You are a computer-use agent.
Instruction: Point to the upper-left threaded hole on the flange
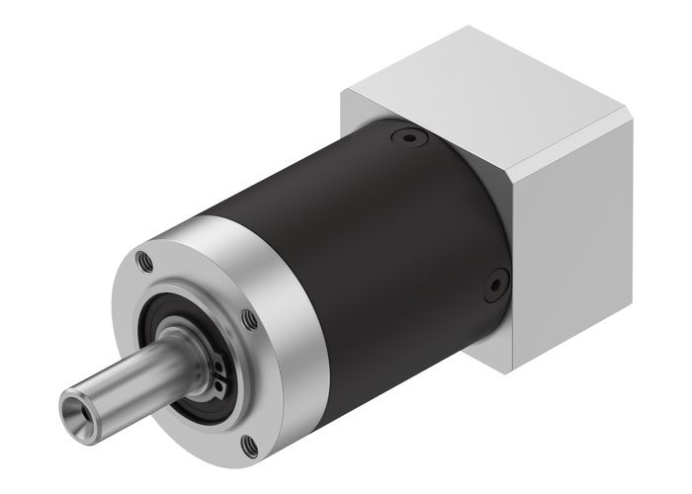point(145,262)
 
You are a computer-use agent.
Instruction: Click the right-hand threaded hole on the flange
point(249,319)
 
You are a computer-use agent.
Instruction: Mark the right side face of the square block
point(573,227)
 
